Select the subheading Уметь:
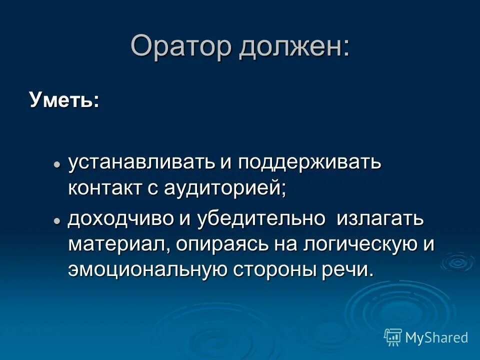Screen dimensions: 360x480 tap(64, 99)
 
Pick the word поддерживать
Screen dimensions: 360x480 tap(309, 163)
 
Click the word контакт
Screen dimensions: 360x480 tap(105, 189)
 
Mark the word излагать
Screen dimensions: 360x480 tap(380, 220)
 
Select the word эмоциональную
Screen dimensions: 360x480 tap(147, 270)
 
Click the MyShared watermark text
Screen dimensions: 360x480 tap(436, 337)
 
